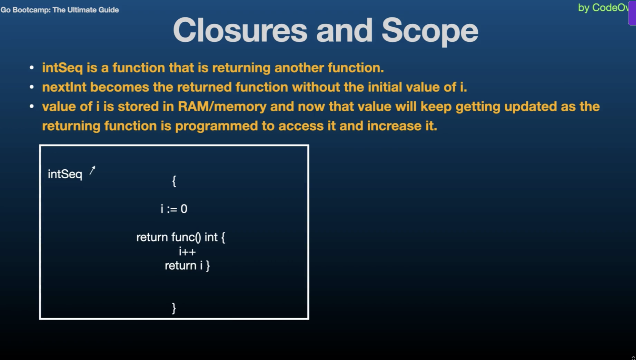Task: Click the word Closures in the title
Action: tap(240, 31)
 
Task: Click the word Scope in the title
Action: tap(429, 31)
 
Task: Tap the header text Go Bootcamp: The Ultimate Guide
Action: tap(60, 10)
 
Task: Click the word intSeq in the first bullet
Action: tap(62, 68)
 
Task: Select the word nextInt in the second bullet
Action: tap(64, 87)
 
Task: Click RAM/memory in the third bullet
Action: tap(222, 106)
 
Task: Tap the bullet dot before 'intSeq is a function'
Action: tap(32, 68)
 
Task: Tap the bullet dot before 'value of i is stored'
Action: tap(32, 107)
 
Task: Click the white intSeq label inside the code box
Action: tap(65, 174)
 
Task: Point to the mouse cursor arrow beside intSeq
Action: tap(92, 170)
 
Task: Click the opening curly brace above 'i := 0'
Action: tap(174, 181)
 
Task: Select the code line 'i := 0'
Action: tap(174, 209)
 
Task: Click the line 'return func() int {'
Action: tap(180, 237)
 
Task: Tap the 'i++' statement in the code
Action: tap(187, 252)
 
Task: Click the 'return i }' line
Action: tap(187, 266)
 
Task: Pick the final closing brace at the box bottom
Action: tap(174, 308)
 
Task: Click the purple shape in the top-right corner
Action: tap(632, 13)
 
